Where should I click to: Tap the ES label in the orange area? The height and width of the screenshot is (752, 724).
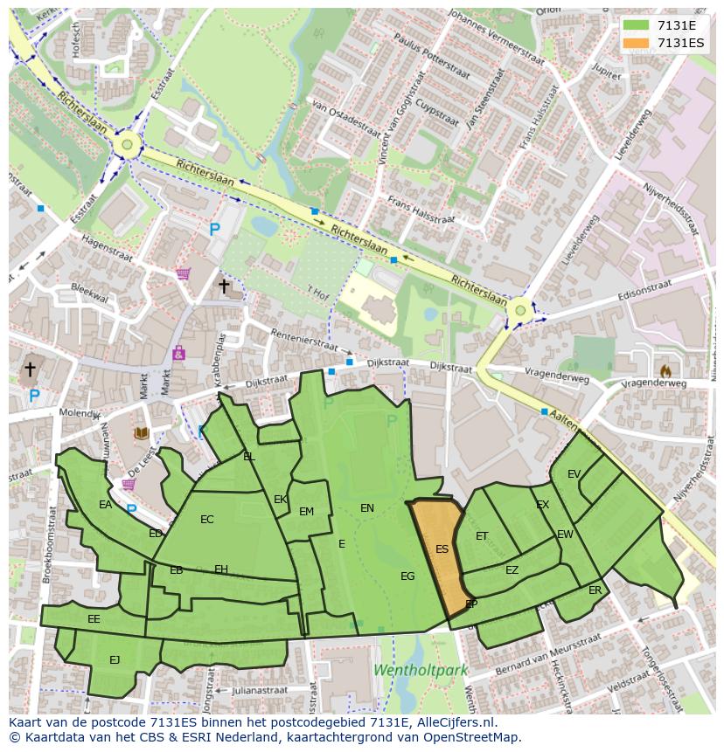click(442, 549)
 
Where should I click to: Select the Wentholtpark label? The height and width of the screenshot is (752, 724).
click(421, 671)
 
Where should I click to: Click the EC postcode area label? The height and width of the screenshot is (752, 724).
click(206, 520)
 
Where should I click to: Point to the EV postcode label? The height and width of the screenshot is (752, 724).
click(574, 474)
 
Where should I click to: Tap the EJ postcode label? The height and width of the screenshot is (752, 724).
click(115, 660)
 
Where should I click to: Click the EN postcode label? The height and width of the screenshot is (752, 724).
click(367, 507)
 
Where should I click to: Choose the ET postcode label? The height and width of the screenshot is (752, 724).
click(482, 536)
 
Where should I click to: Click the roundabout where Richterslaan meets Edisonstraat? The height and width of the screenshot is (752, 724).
click(520, 309)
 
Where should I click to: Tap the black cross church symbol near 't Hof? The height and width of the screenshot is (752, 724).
click(224, 286)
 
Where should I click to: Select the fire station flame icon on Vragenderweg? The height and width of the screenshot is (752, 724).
click(665, 370)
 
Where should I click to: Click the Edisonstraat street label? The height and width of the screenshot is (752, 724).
click(648, 294)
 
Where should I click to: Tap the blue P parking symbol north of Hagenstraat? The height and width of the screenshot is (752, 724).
click(214, 230)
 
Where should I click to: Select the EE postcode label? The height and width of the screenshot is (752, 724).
click(94, 619)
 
